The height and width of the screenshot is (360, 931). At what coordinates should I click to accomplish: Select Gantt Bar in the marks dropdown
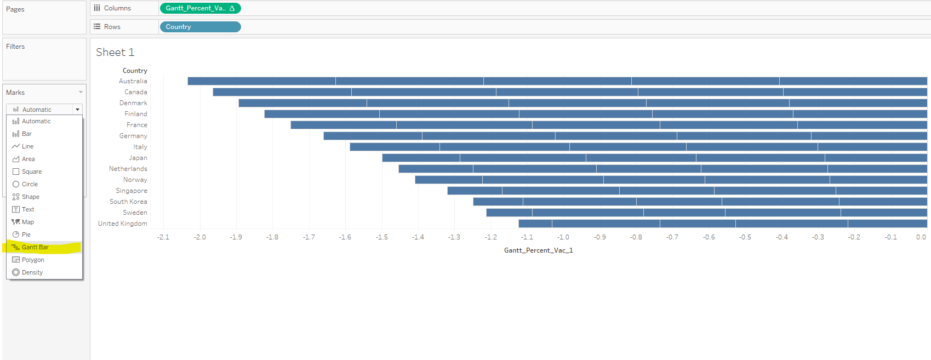[x=35, y=247]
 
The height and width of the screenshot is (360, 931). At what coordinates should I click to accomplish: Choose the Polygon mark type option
[x=33, y=260]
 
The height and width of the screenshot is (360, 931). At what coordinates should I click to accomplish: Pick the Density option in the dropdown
[x=32, y=272]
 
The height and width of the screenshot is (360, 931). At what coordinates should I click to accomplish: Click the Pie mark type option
[x=26, y=235]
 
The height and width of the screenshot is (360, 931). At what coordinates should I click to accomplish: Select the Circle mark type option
[x=30, y=184]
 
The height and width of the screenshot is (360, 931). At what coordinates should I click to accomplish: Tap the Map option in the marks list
[x=28, y=222]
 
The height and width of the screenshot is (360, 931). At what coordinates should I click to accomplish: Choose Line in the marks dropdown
[x=27, y=146]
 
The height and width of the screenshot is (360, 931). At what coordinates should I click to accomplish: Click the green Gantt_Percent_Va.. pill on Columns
[x=199, y=8]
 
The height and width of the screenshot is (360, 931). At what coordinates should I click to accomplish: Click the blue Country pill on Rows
[x=199, y=27]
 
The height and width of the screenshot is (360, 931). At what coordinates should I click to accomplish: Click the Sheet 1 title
[x=115, y=52]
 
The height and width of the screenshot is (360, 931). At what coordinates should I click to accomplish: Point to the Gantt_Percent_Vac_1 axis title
[x=538, y=250]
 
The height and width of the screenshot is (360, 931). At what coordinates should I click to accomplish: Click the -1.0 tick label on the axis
[x=563, y=237]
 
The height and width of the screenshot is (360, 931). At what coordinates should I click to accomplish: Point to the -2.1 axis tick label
[x=163, y=237]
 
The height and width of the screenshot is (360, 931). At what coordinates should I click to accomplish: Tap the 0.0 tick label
[x=921, y=237]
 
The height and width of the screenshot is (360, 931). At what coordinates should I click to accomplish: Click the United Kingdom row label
[x=123, y=224]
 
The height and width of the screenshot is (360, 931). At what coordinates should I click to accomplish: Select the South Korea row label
[x=128, y=202]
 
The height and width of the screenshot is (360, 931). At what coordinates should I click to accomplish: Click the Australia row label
[x=133, y=81]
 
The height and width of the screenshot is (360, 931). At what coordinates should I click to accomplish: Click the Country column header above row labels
[x=135, y=71]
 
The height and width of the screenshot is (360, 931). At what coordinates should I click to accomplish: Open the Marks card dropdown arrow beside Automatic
[x=77, y=110]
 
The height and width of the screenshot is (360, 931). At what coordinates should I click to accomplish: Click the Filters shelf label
[x=15, y=47]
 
